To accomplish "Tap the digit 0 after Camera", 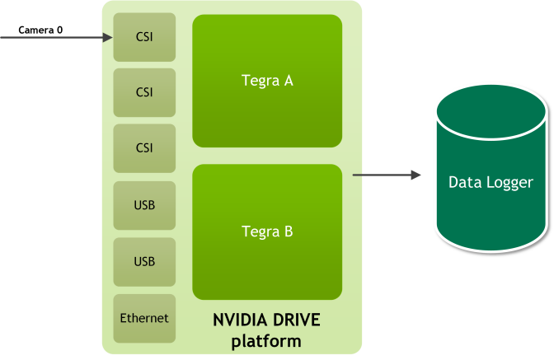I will click(61, 30).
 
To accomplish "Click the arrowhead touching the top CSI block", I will click(107, 37).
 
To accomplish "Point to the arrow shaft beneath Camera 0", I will click(49, 37).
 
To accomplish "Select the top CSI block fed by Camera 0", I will click(144, 37).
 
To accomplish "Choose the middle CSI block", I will click(144, 92).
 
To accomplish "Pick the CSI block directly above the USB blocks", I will click(144, 148).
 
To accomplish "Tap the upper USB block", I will click(144, 205).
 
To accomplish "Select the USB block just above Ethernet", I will click(144, 261).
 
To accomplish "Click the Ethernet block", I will click(144, 318).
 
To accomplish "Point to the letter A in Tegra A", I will click(288, 81).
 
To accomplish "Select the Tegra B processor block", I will click(267, 231).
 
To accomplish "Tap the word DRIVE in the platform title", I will click(293, 320).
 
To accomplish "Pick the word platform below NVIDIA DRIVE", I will click(266, 339).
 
